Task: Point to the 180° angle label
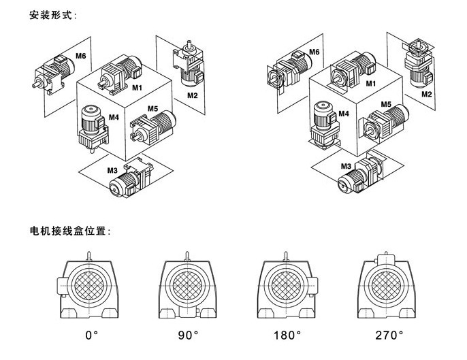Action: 286,335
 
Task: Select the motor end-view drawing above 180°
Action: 285,288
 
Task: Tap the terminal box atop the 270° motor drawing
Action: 385,259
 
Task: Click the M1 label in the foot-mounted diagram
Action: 137,88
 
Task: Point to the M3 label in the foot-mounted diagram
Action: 112,169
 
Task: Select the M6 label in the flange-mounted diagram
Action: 314,52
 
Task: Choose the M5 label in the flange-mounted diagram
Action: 385,104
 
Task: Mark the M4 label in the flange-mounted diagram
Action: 344,114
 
